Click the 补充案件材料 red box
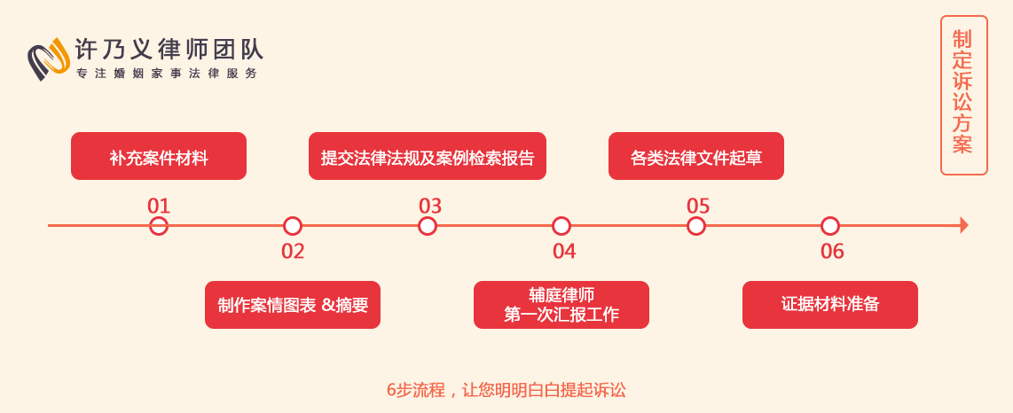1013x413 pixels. (x=158, y=156)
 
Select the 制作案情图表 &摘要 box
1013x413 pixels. (x=293, y=305)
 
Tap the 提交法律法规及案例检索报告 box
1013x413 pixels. (x=427, y=156)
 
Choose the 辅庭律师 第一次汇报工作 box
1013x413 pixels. (x=561, y=305)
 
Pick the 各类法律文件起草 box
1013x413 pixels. (x=695, y=156)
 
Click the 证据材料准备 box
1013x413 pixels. (x=830, y=305)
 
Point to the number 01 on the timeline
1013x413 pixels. (x=158, y=206)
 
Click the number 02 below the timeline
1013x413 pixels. (x=293, y=251)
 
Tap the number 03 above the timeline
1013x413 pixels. (x=430, y=206)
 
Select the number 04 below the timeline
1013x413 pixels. (x=564, y=251)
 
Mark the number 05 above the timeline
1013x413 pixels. (x=698, y=206)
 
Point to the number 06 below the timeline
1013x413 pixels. (x=832, y=251)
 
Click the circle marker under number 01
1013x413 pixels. (x=158, y=217)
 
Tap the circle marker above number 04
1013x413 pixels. (x=561, y=217)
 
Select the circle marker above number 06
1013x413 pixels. (x=830, y=217)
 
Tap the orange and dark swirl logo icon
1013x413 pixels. (x=49, y=58)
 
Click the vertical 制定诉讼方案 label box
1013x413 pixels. (x=964, y=96)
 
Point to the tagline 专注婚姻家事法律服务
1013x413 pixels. (x=167, y=74)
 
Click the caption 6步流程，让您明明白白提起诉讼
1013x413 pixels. (x=506, y=391)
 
